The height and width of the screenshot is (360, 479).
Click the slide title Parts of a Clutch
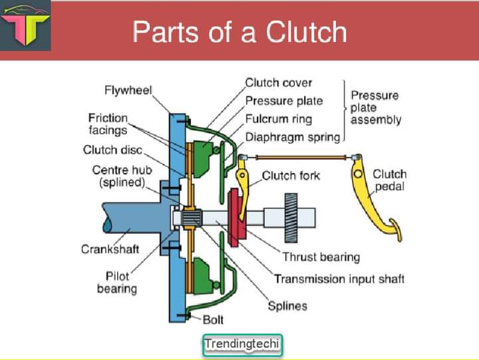point(239,32)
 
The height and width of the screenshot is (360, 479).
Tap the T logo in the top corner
point(25,27)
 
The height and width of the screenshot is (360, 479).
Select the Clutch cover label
point(278,83)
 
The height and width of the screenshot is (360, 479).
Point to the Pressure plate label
point(284,101)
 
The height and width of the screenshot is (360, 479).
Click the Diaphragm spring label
point(293,137)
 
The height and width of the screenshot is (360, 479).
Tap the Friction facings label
point(108,124)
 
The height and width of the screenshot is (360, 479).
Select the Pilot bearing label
point(116,282)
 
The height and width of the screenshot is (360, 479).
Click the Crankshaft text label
point(110,250)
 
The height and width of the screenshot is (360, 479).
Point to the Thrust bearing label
point(321,257)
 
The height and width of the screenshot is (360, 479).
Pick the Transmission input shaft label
point(339,279)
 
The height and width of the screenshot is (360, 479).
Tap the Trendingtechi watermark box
point(242,344)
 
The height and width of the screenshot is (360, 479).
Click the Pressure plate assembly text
point(375,108)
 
